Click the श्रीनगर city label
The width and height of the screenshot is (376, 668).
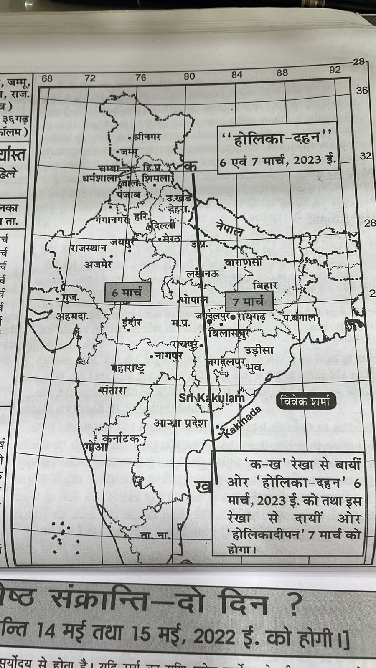click(x=146, y=137)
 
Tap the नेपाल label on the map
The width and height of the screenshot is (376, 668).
click(x=229, y=229)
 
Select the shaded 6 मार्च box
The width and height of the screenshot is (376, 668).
click(x=127, y=292)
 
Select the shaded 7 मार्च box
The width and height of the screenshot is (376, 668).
click(x=249, y=301)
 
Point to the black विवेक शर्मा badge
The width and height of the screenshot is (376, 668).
click(x=306, y=401)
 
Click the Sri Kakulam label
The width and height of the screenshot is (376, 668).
click(x=211, y=398)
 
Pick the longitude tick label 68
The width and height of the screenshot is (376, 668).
click(x=47, y=78)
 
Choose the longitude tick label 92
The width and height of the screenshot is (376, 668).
click(x=335, y=70)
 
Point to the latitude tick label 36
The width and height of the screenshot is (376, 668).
click(x=362, y=91)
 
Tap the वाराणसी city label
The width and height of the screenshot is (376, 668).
click(x=244, y=263)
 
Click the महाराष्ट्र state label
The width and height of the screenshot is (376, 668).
click(x=128, y=368)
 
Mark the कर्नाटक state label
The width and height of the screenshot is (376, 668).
click(x=121, y=439)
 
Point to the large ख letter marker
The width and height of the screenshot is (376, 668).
click(x=203, y=487)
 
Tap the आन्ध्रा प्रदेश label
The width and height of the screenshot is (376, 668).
click(x=180, y=423)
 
